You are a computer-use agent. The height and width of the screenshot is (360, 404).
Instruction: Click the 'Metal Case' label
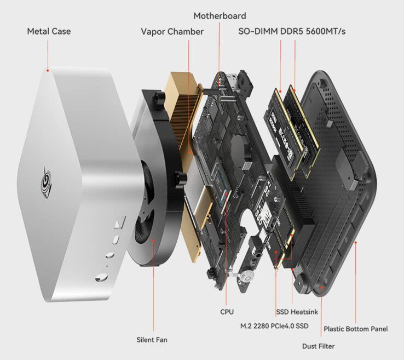click(49, 31)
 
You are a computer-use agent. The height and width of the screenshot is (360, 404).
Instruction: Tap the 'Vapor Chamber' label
click(172, 32)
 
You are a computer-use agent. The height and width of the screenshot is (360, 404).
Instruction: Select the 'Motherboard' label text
click(220, 16)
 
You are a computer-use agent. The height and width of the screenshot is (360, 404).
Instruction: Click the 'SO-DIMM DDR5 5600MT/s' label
click(292, 32)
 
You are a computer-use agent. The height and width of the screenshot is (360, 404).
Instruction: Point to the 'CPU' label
click(227, 312)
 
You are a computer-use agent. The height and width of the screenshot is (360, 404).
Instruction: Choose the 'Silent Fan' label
click(152, 340)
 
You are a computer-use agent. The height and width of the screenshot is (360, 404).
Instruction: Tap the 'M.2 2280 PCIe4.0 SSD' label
click(274, 326)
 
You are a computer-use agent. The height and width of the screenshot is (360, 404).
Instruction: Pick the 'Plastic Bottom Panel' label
click(355, 329)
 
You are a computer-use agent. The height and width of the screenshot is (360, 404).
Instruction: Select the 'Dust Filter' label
click(318, 346)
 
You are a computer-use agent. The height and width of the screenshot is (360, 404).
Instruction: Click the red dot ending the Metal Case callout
click(48, 70)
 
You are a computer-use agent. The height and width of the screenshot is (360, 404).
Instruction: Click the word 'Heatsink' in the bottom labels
click(303, 312)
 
